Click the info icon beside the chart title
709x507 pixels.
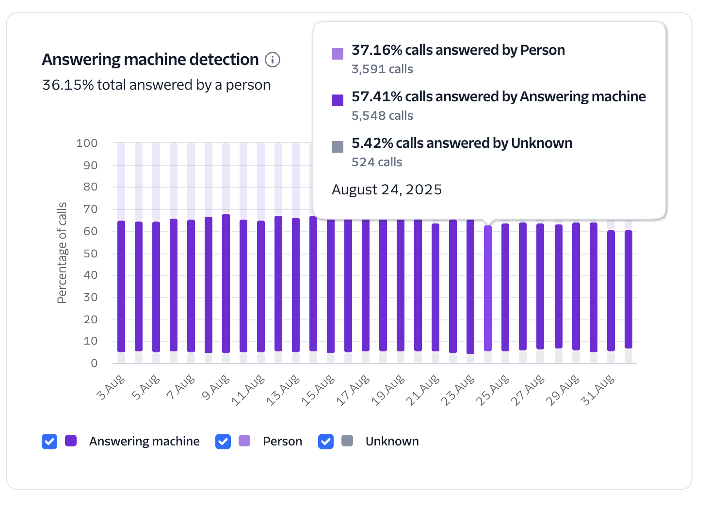point(273,60)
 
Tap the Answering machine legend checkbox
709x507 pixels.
point(49,441)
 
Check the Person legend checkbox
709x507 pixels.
point(223,441)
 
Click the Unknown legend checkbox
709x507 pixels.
point(326,441)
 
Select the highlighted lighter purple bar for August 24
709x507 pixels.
point(488,288)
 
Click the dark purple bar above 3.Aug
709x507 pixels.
point(121,286)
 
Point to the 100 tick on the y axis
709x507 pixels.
point(87,143)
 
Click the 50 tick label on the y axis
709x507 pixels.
point(90,253)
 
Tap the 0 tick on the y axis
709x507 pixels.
point(94,363)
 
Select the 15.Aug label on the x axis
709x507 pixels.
point(318,390)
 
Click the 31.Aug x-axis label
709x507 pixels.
point(597,390)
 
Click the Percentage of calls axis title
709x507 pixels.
point(62,253)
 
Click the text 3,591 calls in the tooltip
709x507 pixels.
point(382,69)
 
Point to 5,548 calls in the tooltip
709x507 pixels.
point(382,116)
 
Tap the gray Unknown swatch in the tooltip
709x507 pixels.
point(338,146)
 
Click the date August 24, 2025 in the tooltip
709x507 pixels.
point(387,190)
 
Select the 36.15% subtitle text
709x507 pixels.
point(156,85)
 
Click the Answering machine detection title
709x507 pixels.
point(150,60)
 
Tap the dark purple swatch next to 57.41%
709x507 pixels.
point(338,100)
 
